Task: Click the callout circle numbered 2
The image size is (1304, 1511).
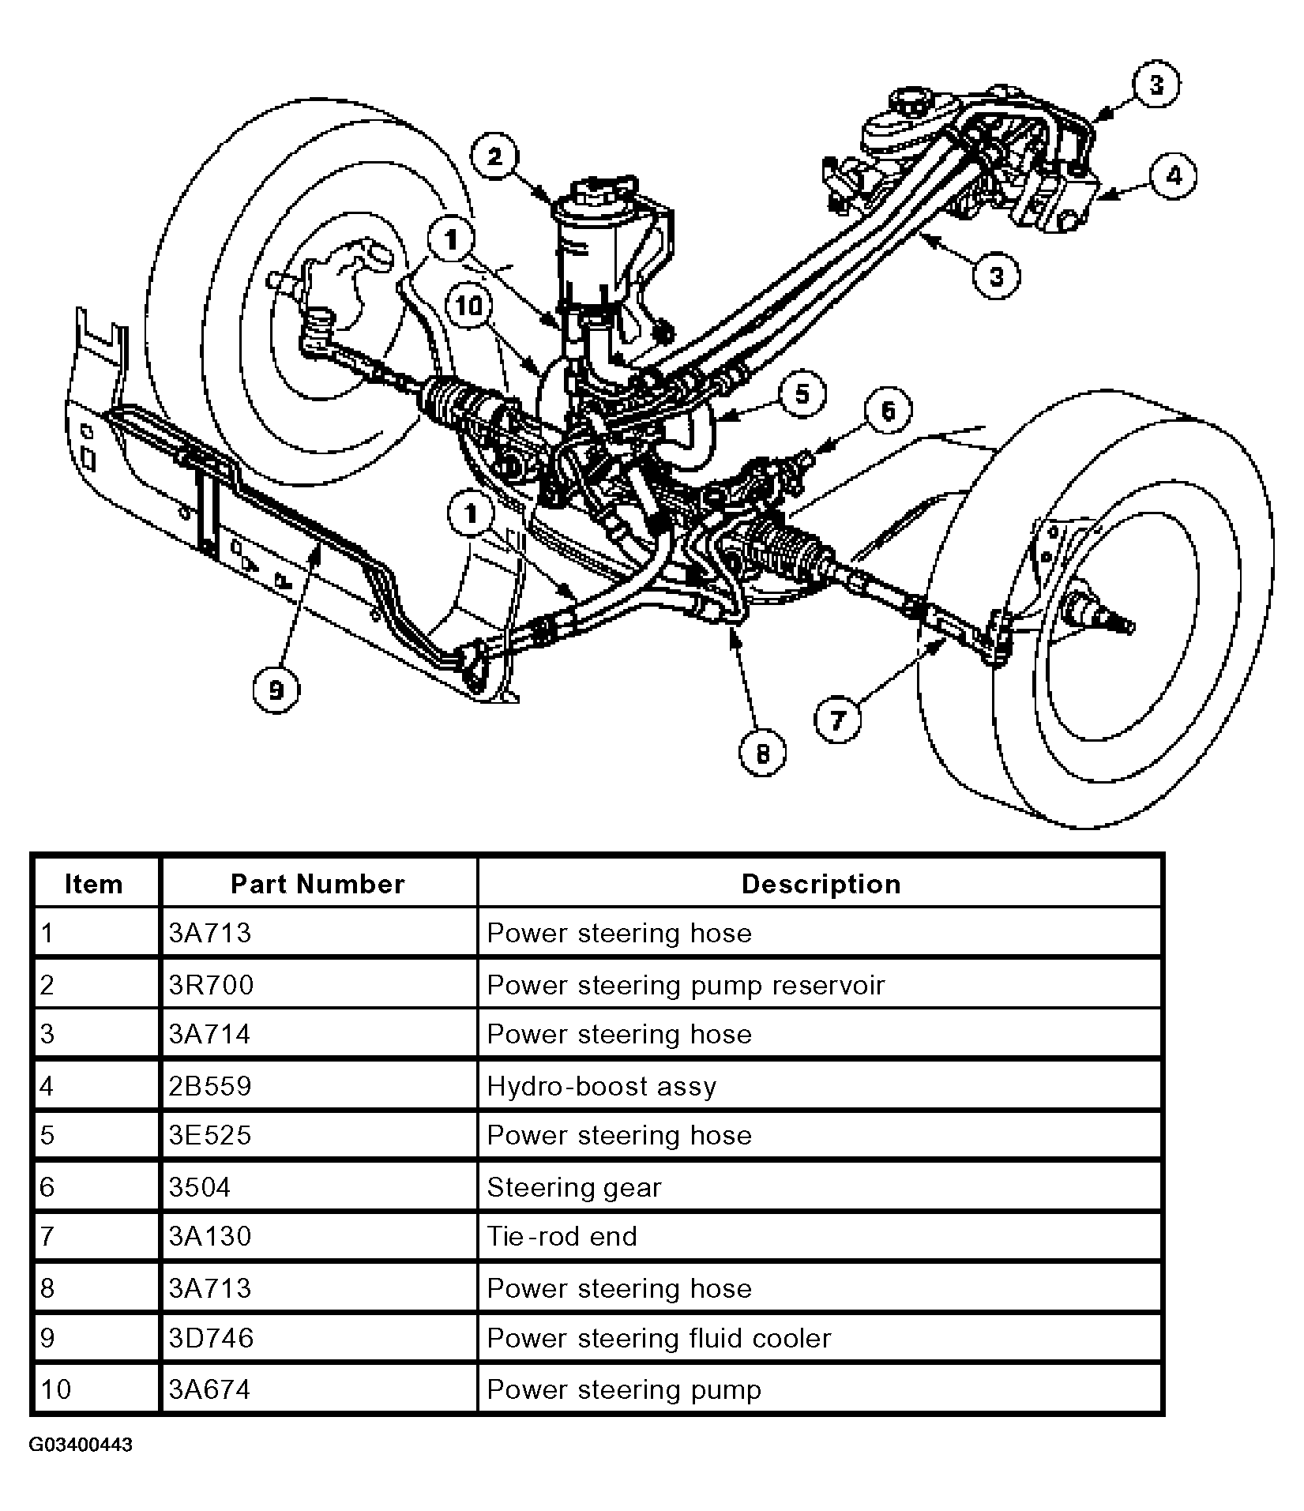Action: [x=495, y=157]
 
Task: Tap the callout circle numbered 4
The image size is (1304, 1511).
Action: [x=1173, y=177]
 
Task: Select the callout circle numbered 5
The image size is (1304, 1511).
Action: [x=802, y=394]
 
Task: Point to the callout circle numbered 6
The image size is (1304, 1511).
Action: [x=889, y=411]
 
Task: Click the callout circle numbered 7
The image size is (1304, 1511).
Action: [x=837, y=720]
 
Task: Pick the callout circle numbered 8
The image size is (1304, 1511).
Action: [x=762, y=754]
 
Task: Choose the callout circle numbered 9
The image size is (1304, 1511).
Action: [x=276, y=690]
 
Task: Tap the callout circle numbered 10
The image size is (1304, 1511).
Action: [x=469, y=304]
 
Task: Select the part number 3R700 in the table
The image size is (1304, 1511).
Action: [x=211, y=985]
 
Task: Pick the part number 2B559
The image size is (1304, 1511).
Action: [x=210, y=1086]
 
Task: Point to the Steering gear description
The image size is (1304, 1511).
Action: [x=574, y=1187]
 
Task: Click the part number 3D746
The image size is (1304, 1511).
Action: [x=211, y=1338]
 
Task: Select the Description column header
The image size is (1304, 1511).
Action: [x=821, y=884]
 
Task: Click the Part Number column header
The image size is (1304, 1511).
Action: [x=318, y=884]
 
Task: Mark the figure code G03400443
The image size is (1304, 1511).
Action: [x=81, y=1445]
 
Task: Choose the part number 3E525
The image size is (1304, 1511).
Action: [x=210, y=1135]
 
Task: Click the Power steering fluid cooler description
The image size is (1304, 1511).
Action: [x=660, y=1338]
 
